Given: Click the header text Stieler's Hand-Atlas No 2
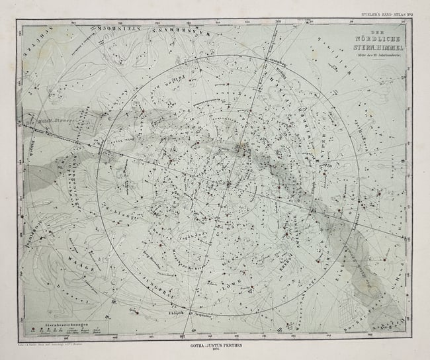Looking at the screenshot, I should [x=386, y=13].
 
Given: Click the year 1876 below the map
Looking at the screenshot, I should [x=214, y=352].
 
